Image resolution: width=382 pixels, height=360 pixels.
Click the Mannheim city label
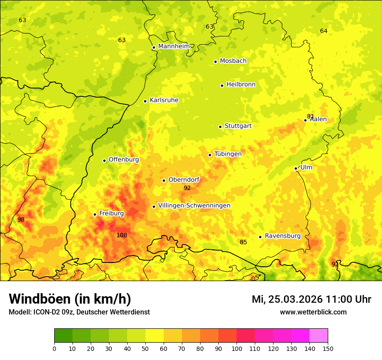[174, 46]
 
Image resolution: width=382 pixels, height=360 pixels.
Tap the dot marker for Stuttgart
[220, 127]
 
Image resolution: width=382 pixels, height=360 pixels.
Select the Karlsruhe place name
[164, 100]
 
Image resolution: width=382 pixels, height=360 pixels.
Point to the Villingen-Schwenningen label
[194, 206]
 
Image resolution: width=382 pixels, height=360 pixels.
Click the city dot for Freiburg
[95, 214]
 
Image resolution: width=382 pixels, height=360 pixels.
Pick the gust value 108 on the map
[122, 235]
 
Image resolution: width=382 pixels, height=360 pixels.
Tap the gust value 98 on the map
[21, 219]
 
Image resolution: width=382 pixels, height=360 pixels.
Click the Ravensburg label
[283, 236]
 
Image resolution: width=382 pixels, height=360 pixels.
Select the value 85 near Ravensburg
[243, 242]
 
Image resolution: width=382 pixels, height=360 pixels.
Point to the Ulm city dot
[296, 168]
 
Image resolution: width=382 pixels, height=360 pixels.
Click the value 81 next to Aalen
[310, 116]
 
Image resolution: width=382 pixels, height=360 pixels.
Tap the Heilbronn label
[241, 85]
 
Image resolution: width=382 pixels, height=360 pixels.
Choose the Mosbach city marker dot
[215, 62]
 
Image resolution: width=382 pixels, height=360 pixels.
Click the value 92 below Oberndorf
[187, 188]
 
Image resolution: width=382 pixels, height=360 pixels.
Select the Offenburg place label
[124, 160]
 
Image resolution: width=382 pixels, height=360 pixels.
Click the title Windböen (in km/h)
[69, 299]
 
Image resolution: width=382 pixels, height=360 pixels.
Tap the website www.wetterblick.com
[313, 312]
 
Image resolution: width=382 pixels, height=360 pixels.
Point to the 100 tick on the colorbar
[237, 348]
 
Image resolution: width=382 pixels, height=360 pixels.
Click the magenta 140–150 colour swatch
[319, 335]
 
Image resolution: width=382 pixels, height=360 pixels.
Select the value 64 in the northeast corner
[323, 31]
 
